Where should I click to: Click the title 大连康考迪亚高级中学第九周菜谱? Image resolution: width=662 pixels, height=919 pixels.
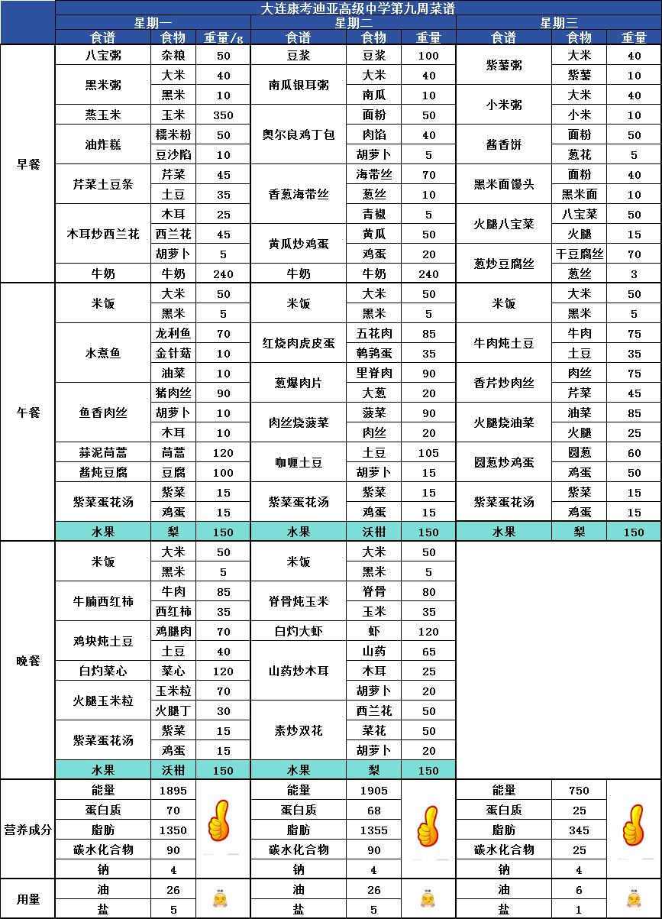[358, 8]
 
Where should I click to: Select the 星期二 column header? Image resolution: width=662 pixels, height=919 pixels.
[354, 22]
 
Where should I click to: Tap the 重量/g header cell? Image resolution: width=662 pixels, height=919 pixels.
[224, 37]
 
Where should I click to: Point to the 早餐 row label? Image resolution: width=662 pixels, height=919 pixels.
[28, 163]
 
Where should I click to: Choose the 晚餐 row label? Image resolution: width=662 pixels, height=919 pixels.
[28, 661]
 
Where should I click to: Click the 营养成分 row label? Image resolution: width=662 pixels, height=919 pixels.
[28, 830]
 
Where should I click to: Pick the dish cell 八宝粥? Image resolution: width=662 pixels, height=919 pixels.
[103, 55]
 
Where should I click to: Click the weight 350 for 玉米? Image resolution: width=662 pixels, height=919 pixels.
[224, 115]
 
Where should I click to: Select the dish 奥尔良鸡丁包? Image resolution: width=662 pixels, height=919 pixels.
[298, 134]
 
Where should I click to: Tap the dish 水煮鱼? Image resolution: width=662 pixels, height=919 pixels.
[103, 353]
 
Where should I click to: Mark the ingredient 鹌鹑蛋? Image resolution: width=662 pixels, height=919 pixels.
[374, 353]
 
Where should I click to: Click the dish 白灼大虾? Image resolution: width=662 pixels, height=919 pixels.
[298, 631]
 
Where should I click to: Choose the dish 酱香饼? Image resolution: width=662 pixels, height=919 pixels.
[504, 144]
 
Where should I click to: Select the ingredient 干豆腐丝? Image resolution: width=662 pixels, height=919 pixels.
[580, 254]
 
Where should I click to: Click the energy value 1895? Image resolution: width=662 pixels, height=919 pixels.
[173, 791]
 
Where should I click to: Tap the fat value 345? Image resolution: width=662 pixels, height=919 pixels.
[580, 830]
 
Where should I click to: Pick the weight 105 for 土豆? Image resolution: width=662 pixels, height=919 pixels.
[429, 452]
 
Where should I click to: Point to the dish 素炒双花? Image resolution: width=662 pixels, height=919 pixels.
[298, 730]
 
